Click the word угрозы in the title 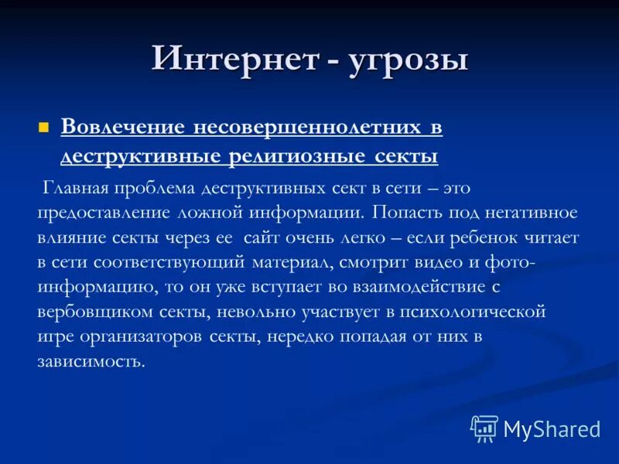pos(408,60)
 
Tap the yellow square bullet pos(44,127)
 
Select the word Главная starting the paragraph pos(76,188)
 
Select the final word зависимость pos(91,362)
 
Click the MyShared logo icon pos(484,428)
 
